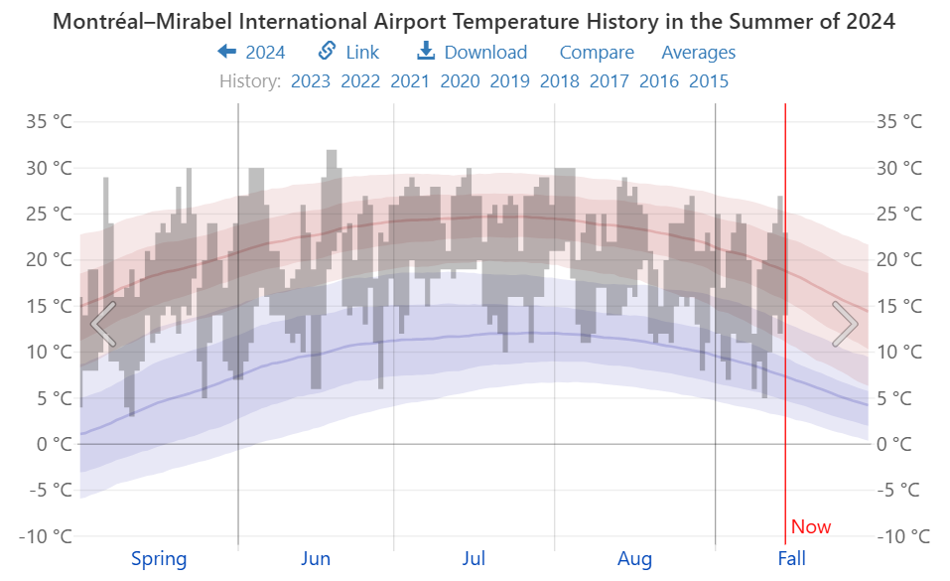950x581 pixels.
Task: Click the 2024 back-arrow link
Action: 251,53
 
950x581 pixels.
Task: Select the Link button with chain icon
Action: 348,53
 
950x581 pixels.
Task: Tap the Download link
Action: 472,53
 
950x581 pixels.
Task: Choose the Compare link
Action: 597,53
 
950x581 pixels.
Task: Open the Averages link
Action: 699,53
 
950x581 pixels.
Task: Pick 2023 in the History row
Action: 311,81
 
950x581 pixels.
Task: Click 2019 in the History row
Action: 509,81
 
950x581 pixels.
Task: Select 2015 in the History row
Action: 709,81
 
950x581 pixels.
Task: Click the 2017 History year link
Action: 610,81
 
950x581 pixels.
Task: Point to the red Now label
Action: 811,527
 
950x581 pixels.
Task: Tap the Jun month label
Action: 316,559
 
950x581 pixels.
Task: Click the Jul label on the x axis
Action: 474,559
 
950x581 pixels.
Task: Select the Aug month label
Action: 635,559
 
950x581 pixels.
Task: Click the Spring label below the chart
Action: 159,559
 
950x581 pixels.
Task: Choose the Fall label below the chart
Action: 792,559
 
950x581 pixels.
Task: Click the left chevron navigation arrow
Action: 103,323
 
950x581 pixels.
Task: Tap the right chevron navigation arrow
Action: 845,323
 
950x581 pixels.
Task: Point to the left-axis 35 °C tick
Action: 49,122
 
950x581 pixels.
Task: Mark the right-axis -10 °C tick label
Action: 903,536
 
